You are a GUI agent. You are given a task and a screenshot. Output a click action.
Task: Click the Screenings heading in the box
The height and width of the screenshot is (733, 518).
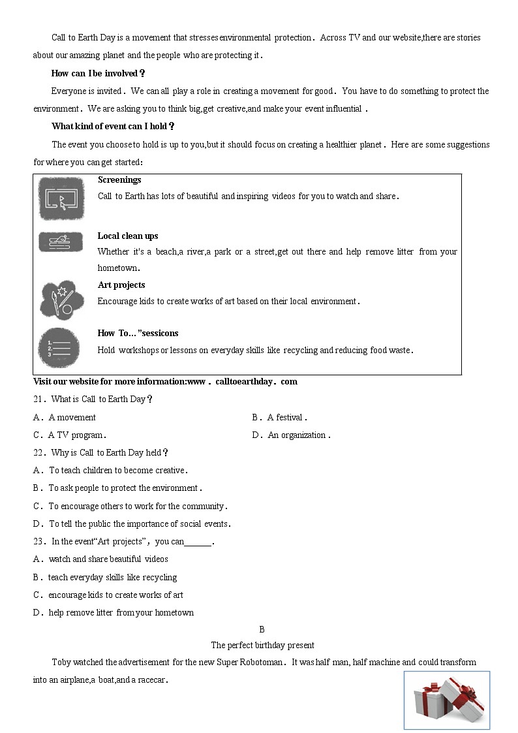click(x=119, y=180)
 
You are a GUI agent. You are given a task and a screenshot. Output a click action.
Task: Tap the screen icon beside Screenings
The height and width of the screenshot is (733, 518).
click(x=61, y=198)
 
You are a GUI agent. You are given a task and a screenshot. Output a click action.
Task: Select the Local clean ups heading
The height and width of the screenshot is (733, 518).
click(x=128, y=236)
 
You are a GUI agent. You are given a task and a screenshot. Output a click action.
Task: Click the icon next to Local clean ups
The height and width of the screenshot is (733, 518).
click(x=61, y=242)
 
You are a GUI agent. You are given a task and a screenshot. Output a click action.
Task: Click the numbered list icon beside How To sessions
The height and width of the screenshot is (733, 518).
click(x=59, y=348)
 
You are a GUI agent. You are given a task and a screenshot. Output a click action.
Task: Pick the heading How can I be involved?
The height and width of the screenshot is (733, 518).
click(x=99, y=74)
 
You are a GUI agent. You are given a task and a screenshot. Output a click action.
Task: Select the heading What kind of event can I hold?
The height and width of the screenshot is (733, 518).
click(x=113, y=127)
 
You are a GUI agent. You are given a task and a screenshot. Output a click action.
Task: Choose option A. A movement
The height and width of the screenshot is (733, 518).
click(x=65, y=418)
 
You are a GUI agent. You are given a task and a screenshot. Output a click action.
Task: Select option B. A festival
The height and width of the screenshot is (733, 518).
click(x=279, y=418)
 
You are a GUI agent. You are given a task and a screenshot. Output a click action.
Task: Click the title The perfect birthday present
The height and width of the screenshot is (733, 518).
click(x=262, y=646)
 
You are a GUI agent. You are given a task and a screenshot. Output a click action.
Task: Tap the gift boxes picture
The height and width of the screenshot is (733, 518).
click(x=446, y=700)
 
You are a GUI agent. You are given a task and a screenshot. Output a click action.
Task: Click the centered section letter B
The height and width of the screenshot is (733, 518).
click(x=262, y=630)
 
